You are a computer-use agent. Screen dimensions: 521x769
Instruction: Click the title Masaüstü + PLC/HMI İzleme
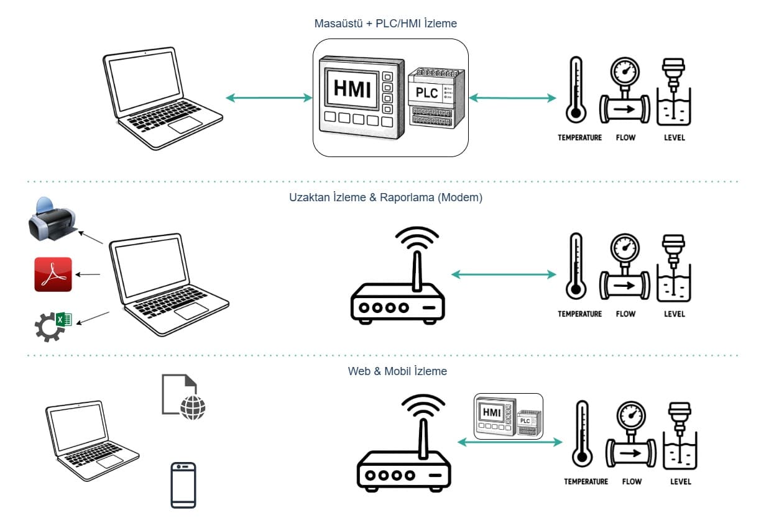click(x=385, y=24)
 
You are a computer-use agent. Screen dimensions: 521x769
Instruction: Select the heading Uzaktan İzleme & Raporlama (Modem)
click(x=385, y=197)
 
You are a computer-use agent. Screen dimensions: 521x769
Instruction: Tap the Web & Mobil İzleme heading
click(x=397, y=371)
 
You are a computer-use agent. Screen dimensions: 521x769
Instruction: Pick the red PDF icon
click(x=53, y=274)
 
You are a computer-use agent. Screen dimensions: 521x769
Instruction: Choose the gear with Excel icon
click(x=53, y=325)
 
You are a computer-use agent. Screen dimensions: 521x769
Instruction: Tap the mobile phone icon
click(x=183, y=485)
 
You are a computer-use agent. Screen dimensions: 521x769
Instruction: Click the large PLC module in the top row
click(x=436, y=96)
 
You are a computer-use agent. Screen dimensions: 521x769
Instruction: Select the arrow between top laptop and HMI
click(x=269, y=97)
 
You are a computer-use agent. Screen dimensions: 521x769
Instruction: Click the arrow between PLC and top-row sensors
click(x=512, y=97)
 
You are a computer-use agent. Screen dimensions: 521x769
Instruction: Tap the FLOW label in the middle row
click(x=625, y=314)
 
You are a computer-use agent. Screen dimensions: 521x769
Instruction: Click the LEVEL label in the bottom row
click(x=681, y=482)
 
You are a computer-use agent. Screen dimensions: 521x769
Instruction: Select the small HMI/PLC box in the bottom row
click(x=509, y=416)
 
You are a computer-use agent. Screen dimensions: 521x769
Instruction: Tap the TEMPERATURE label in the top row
click(x=579, y=138)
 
